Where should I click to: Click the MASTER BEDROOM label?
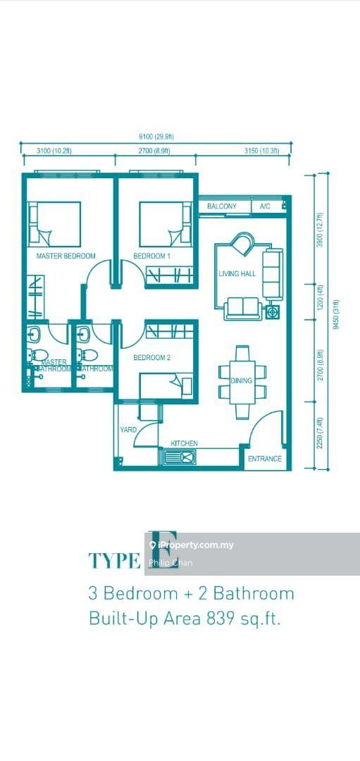[66, 256]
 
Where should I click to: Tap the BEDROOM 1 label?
[152, 256]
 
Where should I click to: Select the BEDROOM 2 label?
[152, 358]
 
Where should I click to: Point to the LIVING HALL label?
[237, 273]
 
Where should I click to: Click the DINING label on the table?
[241, 381]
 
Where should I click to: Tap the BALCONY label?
[222, 206]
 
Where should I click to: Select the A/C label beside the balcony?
[265, 206]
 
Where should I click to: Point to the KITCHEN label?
[184, 443]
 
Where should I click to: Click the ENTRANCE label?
[265, 459]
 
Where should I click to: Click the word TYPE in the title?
[114, 560]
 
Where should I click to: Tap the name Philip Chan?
[170, 563]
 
